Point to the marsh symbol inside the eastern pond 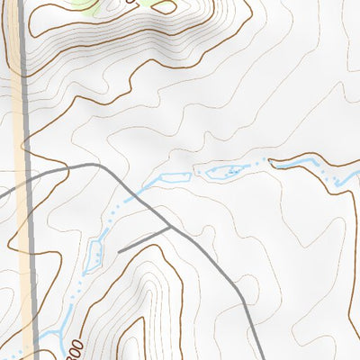(x=232, y=169)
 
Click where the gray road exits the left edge (x=3, y=193)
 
